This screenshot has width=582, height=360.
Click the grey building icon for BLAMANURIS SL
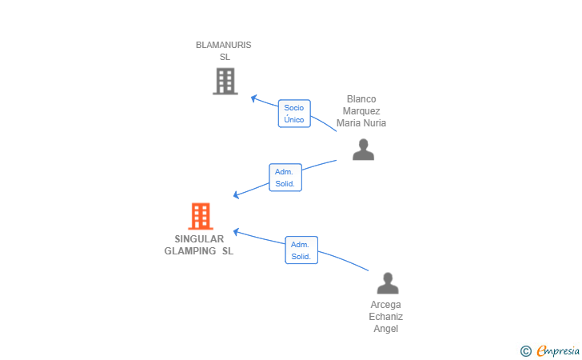[225, 81]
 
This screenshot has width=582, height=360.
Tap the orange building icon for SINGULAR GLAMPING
[201, 216]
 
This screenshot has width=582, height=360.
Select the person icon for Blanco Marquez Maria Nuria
[364, 150]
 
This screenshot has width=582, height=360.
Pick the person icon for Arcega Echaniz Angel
[388, 283]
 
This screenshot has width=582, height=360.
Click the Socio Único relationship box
[294, 114]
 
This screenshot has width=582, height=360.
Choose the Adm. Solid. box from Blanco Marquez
[285, 178]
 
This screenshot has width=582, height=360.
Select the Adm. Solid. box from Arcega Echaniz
[301, 250]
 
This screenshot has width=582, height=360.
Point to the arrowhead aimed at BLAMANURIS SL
[254, 98]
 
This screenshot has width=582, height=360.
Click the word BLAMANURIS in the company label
[224, 45]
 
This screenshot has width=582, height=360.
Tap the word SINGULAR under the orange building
[199, 239]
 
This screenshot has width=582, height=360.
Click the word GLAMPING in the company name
[190, 251]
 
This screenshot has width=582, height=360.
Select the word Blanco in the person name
[361, 99]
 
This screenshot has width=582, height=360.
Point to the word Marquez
[361, 111]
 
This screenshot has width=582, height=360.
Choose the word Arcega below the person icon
[385, 305]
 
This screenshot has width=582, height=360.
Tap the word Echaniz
[385, 317]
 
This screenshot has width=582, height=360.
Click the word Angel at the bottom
[386, 329]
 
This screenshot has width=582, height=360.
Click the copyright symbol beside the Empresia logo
[525, 351]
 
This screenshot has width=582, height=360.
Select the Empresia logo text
[558, 350]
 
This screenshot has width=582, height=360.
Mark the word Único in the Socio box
[294, 120]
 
